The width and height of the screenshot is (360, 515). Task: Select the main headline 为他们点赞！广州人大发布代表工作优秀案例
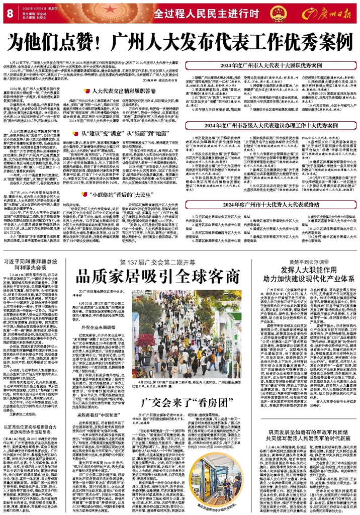179,41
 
